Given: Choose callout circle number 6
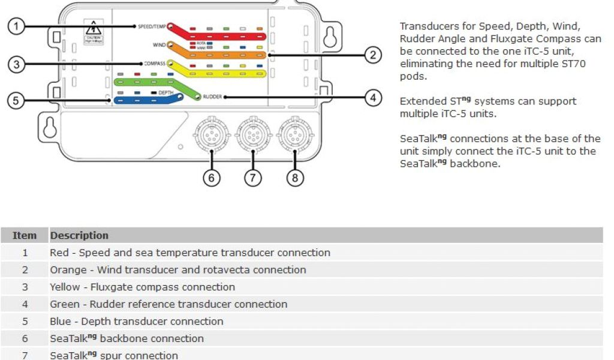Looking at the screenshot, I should [x=211, y=178].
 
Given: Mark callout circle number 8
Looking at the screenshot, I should [x=296, y=178].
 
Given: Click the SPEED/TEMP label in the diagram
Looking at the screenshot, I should [x=152, y=26].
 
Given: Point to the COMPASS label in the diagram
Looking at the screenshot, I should [x=155, y=63].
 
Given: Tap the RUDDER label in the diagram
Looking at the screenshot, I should [x=213, y=96].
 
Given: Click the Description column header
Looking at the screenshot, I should [x=79, y=235].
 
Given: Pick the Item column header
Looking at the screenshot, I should [x=25, y=235].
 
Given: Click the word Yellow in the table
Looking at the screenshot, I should [x=65, y=287].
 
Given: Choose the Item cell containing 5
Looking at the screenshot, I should [x=25, y=322].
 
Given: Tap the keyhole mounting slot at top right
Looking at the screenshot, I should [x=329, y=38].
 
